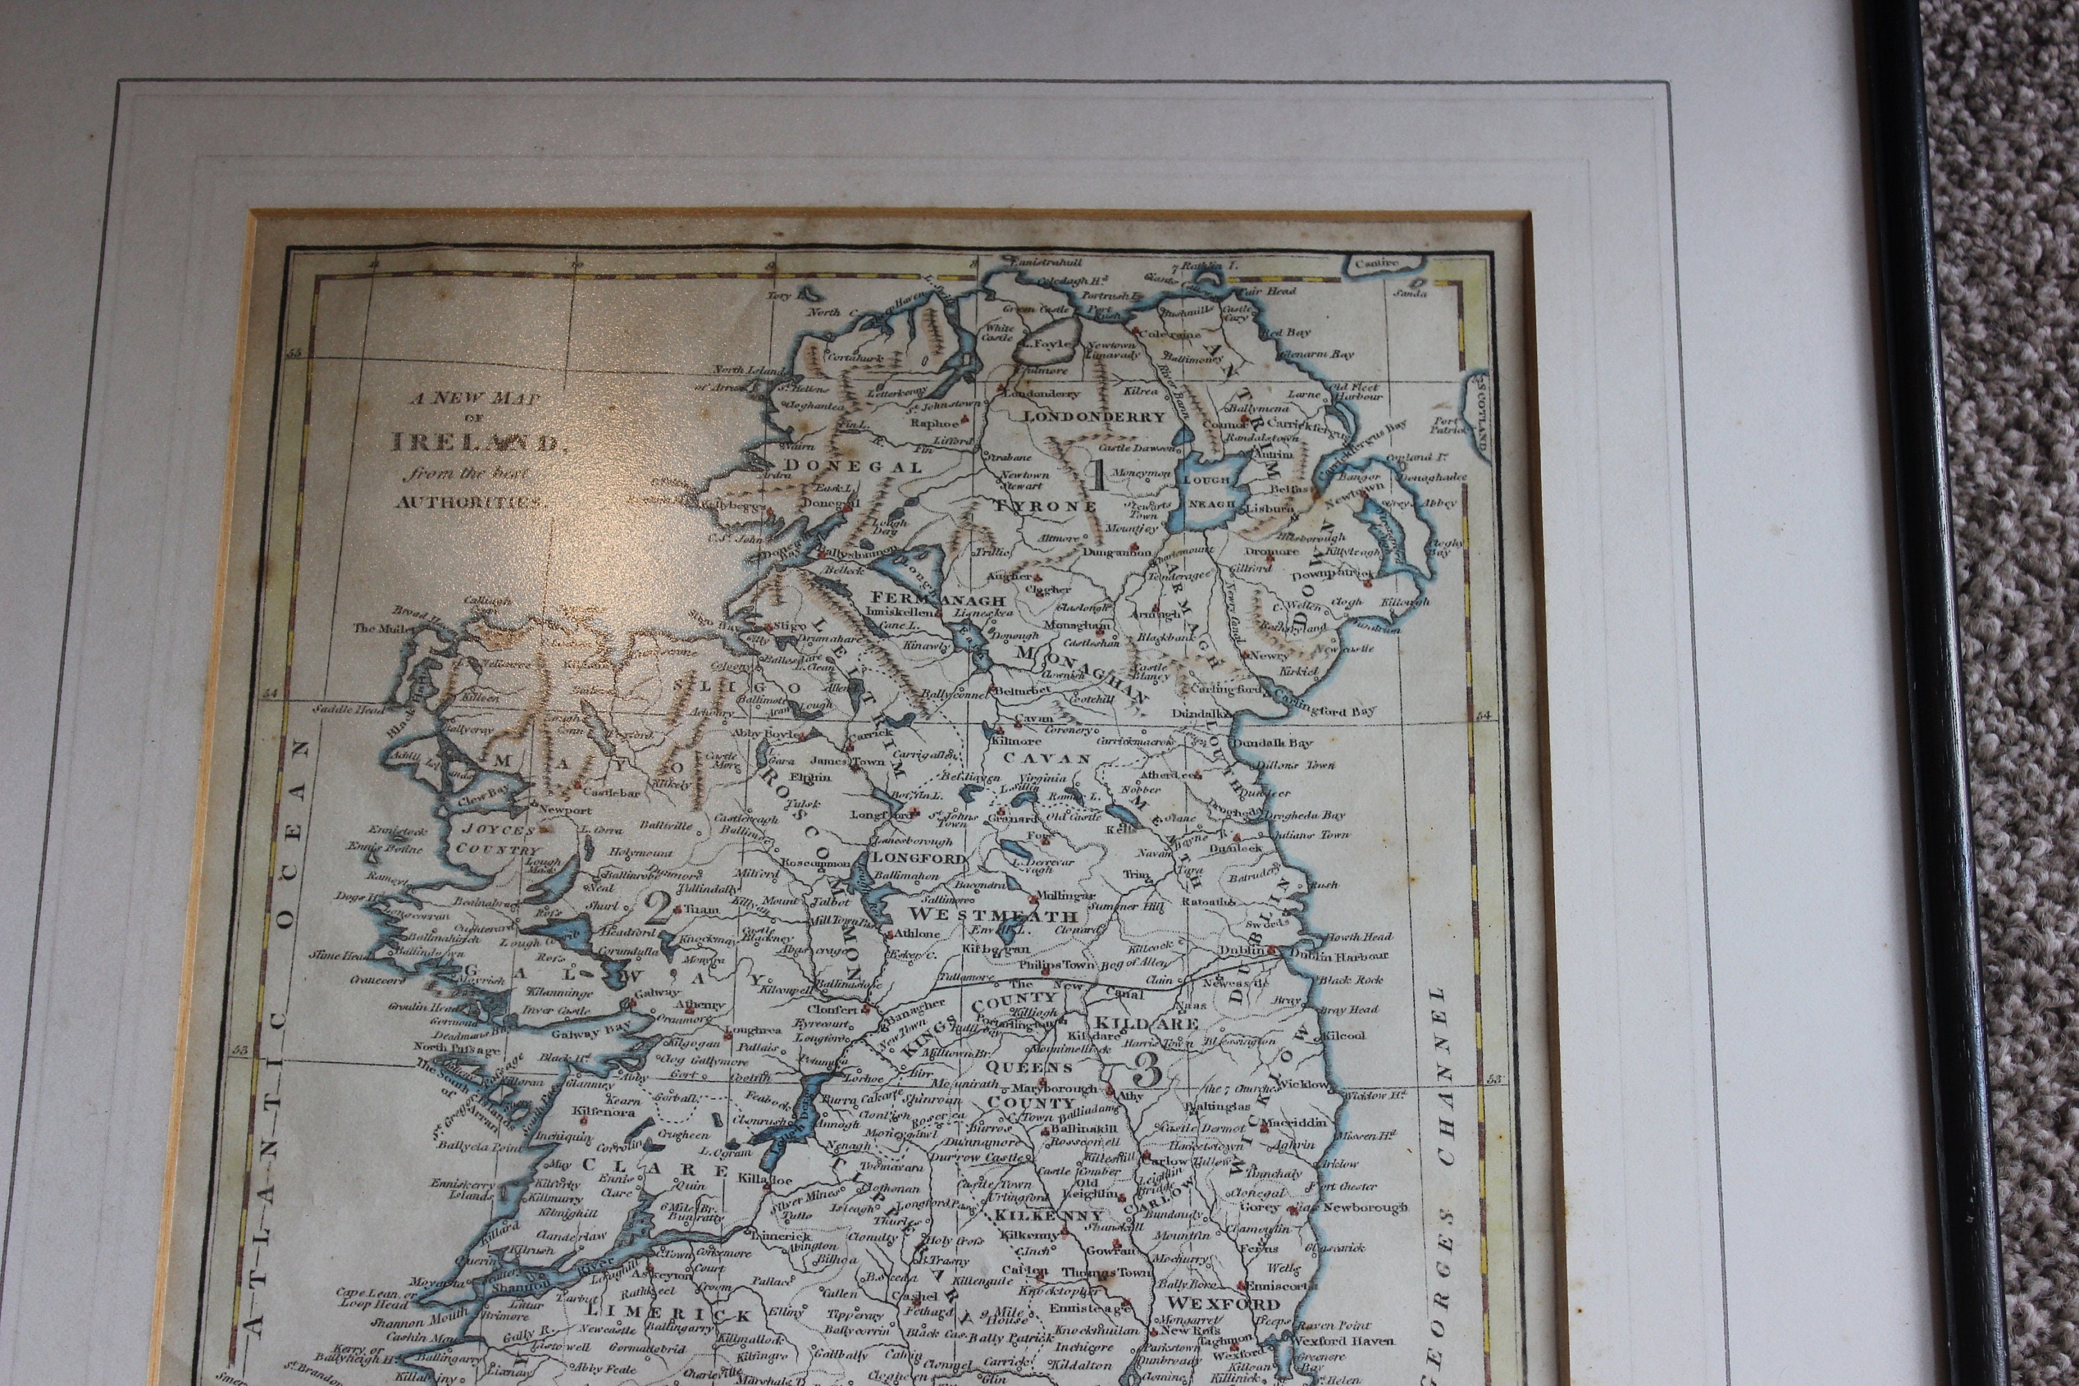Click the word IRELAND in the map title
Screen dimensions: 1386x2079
point(474,442)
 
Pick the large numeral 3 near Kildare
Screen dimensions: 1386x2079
point(1146,1071)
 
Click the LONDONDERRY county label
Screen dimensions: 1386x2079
point(1094,417)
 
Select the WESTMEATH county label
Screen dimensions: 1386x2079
point(992,915)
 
